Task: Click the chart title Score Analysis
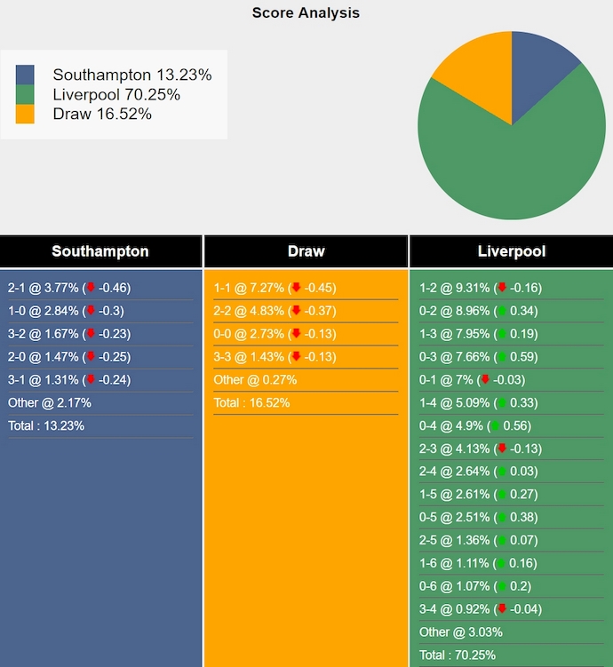click(x=306, y=13)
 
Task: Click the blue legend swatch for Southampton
click(x=25, y=75)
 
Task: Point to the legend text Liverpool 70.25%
click(x=116, y=95)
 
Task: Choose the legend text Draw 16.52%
click(x=102, y=115)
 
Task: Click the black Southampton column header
click(x=100, y=251)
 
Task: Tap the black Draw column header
click(x=306, y=251)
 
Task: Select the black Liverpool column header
click(x=511, y=251)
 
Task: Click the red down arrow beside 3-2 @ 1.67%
click(x=90, y=334)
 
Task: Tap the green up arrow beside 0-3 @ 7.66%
click(x=503, y=357)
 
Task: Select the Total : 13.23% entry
click(x=46, y=425)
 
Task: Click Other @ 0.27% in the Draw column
click(x=255, y=380)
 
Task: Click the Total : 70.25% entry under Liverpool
click(x=458, y=655)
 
